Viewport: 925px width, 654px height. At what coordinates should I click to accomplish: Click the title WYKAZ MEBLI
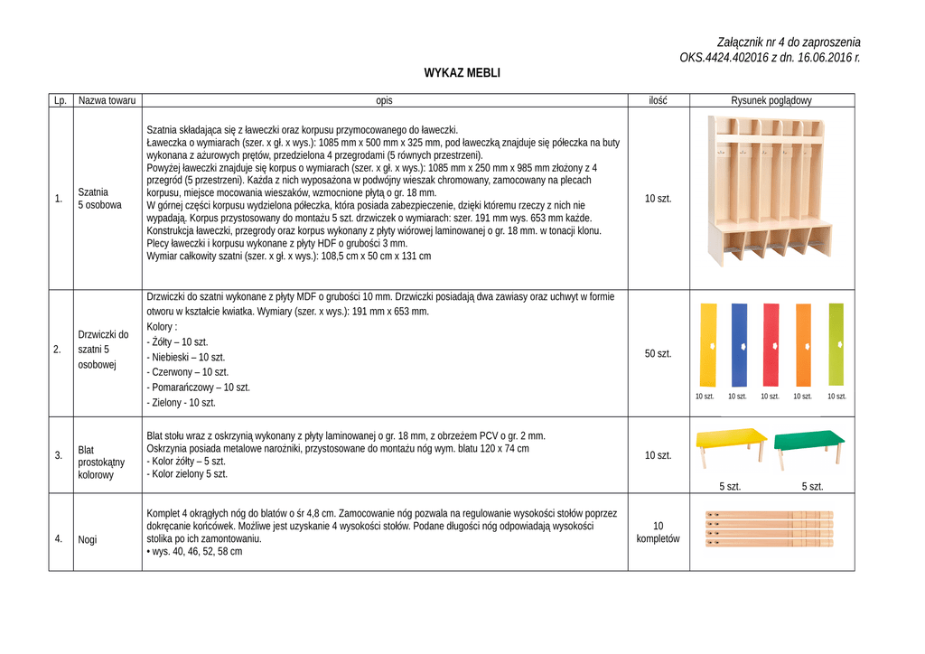pos(462,73)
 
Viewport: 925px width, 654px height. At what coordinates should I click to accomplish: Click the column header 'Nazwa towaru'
pos(107,100)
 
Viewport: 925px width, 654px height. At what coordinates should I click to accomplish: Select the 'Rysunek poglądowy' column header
pos(771,100)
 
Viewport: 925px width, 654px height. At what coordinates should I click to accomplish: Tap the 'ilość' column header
pos(658,100)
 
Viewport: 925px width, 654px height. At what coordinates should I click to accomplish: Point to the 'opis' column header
pos(385,100)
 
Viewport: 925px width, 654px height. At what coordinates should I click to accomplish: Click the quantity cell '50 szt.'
pos(658,353)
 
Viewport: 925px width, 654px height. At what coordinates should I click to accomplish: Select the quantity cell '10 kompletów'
pos(658,532)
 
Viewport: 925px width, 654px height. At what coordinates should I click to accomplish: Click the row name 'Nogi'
pos(89,539)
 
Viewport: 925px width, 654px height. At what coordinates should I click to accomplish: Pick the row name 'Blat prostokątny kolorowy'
pos(96,462)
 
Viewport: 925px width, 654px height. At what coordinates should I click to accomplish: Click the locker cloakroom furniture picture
pos(769,191)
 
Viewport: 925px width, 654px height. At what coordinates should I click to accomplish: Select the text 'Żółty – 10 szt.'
pos(179,342)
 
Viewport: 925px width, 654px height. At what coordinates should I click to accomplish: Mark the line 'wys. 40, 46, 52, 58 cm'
pos(196,551)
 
